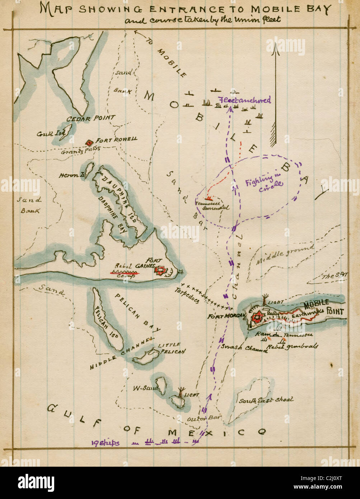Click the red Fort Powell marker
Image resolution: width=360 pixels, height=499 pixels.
pyautogui.click(x=89, y=143)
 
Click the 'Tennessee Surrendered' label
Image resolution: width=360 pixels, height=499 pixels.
pyautogui.click(x=212, y=205)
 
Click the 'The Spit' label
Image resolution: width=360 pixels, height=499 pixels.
pyautogui.click(x=335, y=276)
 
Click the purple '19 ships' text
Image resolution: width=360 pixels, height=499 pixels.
pyautogui.click(x=106, y=443)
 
